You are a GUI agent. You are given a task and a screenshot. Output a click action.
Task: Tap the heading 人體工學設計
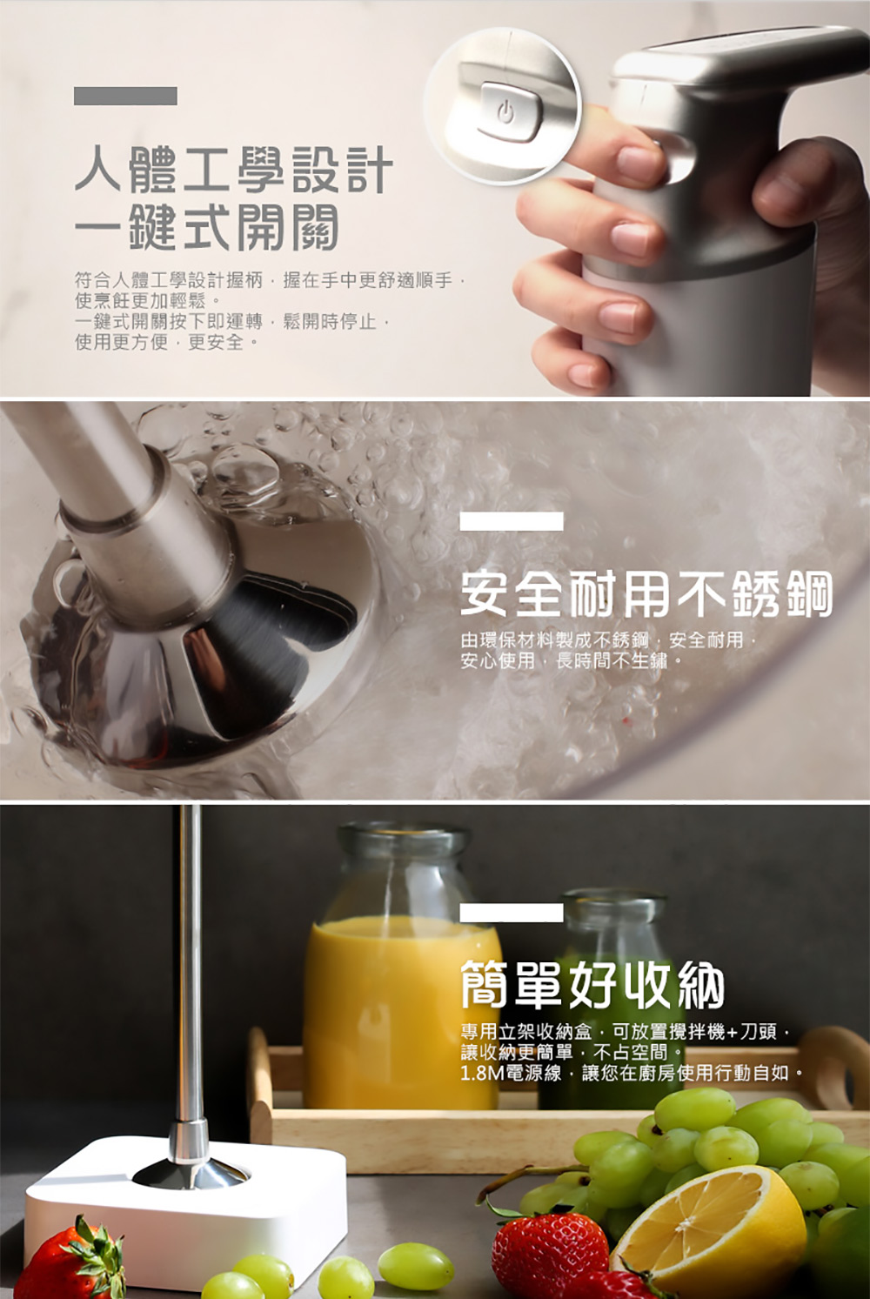(234, 170)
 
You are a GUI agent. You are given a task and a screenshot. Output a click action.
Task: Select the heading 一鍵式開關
(206, 227)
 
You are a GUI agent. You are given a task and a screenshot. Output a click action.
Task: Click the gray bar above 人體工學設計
(125, 96)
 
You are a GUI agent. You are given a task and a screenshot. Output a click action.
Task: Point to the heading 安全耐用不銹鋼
(646, 593)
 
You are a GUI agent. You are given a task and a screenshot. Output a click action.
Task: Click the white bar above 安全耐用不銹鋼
(512, 521)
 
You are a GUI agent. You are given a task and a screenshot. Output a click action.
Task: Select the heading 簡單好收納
(592, 985)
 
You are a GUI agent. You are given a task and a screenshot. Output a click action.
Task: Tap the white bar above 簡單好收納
(512, 912)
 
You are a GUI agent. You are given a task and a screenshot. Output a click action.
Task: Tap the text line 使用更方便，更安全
(166, 342)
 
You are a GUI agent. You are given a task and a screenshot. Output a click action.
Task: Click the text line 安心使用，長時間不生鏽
(572, 660)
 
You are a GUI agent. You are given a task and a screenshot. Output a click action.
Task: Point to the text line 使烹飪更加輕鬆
(148, 300)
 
